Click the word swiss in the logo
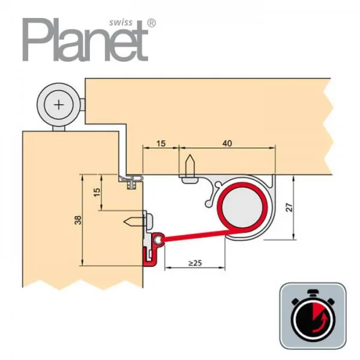[121, 23]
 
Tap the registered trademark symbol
[151, 23]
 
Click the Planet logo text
[85, 41]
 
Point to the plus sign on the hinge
[59, 105]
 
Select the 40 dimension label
[227, 143]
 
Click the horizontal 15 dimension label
[161, 143]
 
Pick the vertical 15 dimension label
[97, 192]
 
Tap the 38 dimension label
[78, 220]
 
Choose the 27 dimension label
[290, 208]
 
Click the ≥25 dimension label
[196, 263]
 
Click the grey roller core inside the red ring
[242, 207]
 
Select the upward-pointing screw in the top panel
[190, 168]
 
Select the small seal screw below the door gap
[131, 184]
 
